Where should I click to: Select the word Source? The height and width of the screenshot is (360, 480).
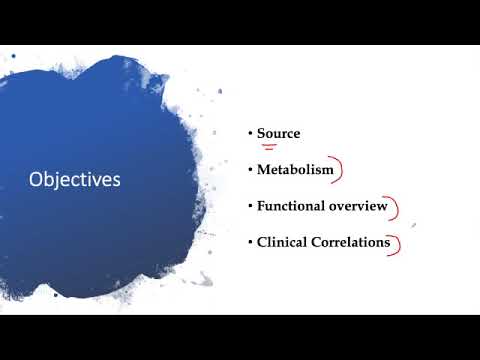pos(278,133)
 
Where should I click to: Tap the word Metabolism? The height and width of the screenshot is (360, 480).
pos(295,170)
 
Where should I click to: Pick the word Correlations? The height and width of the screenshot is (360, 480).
pos(351,242)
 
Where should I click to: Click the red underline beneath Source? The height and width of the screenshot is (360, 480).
pos(269,146)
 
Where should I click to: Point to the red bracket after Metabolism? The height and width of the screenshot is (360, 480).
pos(340,171)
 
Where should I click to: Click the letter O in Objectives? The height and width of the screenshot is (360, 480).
pos(36,180)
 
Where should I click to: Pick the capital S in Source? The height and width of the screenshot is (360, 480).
pos(261,133)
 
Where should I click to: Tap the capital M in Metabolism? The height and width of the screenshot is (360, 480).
pos(263,170)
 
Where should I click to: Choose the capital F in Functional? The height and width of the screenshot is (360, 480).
pos(261,206)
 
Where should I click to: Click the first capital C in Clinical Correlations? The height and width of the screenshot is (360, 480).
pos(262,242)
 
